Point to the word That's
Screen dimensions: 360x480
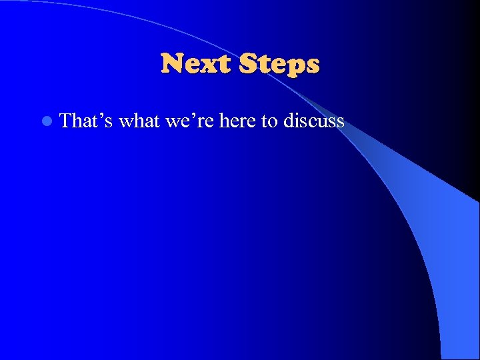pyautogui.click(x=86, y=121)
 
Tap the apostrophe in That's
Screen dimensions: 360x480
pyautogui.click(x=99, y=115)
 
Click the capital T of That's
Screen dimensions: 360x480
pyautogui.click(x=66, y=121)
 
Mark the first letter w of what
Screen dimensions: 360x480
pyautogui.click(x=126, y=122)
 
